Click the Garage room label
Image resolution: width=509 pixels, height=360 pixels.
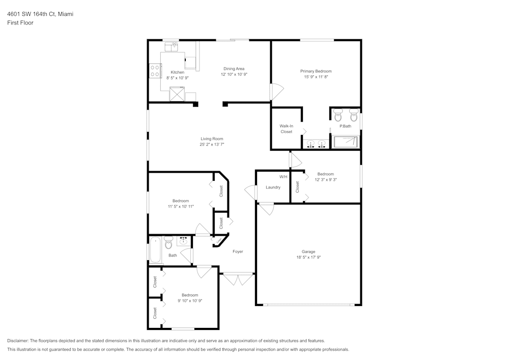point(308,252)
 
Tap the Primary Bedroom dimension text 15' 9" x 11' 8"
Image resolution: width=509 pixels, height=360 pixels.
point(316,77)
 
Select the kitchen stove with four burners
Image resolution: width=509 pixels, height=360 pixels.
point(155,71)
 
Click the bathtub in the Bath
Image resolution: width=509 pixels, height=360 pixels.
point(155,250)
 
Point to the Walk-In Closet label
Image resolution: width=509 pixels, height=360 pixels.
point(286,129)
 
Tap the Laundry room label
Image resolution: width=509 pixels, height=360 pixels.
point(273,187)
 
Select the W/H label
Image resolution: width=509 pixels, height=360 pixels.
point(283,177)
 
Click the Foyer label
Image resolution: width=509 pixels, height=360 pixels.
point(238,252)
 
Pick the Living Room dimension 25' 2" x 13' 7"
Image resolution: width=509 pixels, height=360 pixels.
point(212,145)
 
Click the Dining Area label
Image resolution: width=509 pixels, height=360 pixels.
point(234,69)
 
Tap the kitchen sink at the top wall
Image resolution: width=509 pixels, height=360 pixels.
point(174,46)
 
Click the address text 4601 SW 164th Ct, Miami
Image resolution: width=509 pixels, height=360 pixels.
point(40,14)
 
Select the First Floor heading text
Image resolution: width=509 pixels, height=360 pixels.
point(20,23)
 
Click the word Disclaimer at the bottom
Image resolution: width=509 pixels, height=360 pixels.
point(18,341)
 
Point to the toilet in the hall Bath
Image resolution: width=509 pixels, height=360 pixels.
point(169,244)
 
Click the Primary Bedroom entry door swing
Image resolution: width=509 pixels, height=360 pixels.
point(275,92)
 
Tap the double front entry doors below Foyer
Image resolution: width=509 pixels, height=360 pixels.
point(237,279)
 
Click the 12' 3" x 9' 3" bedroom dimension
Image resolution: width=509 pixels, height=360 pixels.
point(326,179)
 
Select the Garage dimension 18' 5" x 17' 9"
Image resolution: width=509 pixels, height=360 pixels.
point(308,257)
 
